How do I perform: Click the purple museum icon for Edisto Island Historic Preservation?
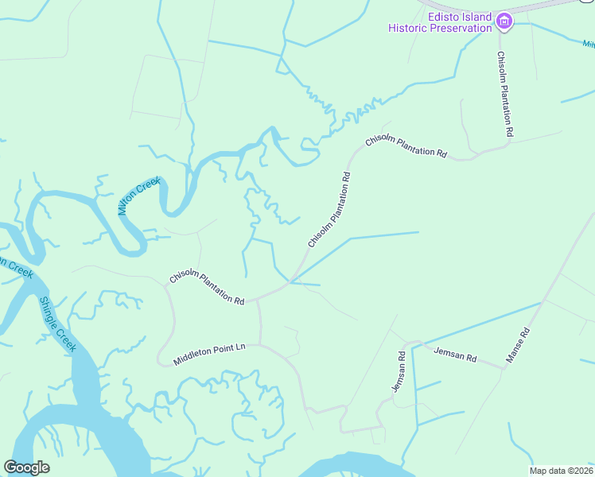504,21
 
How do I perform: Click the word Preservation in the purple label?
461,28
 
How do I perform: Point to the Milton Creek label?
139,196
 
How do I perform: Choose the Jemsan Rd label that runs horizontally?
455,355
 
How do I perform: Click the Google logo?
26,467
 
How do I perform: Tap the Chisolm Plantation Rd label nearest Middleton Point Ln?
207,289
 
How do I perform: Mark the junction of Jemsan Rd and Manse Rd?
506,366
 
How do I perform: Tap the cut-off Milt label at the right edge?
588,45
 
